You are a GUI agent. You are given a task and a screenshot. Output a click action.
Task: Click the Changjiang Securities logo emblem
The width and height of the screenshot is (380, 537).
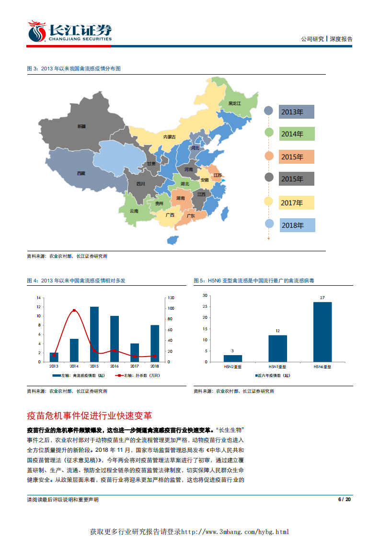coord(36,31)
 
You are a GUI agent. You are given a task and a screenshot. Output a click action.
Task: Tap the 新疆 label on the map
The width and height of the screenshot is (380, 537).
coord(82,126)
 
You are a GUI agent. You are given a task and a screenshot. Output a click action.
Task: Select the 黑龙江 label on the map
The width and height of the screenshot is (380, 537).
coord(235,103)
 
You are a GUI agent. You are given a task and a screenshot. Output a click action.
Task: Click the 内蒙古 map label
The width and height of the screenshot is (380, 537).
coord(170,137)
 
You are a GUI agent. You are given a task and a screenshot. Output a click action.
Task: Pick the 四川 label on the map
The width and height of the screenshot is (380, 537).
coord(140,183)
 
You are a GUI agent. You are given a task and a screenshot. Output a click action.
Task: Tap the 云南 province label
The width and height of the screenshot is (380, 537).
coord(134,211)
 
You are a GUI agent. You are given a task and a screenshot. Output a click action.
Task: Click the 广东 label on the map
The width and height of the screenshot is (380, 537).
coord(190,216)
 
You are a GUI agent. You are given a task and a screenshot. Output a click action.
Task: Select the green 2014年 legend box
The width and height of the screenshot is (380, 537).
coord(297,134)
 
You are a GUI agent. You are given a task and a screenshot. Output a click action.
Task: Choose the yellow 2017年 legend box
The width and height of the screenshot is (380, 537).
coord(297,203)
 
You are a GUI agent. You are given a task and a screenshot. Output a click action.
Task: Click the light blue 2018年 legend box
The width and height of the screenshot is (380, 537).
coord(297,225)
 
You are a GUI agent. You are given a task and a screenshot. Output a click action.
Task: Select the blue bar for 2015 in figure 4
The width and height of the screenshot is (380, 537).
coord(94,334)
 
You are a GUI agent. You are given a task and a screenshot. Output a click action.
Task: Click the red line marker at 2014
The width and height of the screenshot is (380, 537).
coord(74,311)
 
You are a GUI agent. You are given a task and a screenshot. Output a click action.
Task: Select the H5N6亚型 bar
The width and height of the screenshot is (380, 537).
coord(322,332)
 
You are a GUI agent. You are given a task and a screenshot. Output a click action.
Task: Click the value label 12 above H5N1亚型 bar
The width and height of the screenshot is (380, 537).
coord(277,331)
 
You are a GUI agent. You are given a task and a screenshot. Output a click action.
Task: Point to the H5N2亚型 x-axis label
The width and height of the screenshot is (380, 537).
coord(233,367)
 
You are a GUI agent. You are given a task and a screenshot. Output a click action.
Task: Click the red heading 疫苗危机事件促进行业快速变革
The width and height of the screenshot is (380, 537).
coord(90,415)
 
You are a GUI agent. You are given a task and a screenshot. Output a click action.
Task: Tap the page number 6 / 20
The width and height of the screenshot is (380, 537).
coord(345,500)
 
